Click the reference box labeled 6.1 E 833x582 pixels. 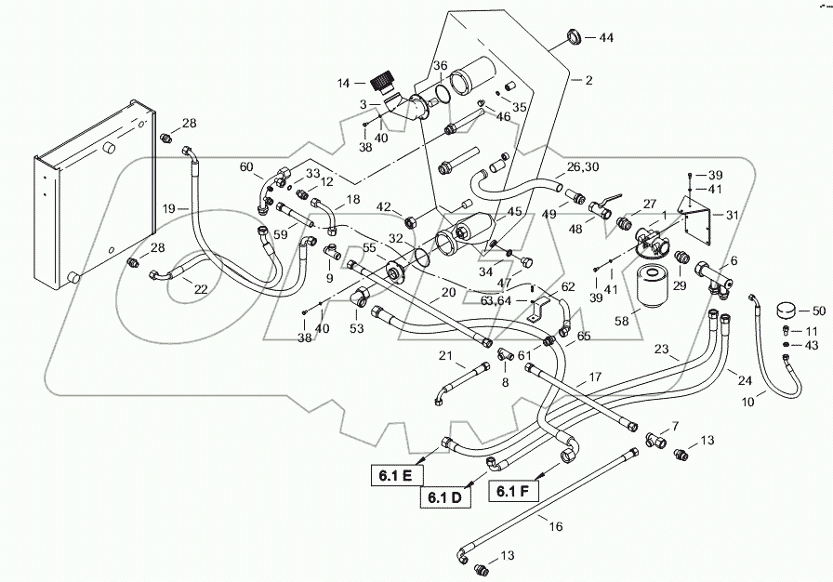(x=396, y=476)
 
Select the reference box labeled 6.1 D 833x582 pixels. (x=444, y=497)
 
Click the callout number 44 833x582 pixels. (x=606, y=38)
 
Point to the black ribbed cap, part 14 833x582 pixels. (x=382, y=84)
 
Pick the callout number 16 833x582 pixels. (x=556, y=526)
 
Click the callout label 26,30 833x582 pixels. (x=583, y=166)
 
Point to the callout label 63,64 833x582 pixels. (x=496, y=301)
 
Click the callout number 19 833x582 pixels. (x=169, y=208)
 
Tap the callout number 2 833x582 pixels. (x=588, y=80)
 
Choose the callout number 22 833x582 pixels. (x=201, y=289)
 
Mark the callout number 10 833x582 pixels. (x=747, y=402)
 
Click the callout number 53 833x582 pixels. (x=356, y=328)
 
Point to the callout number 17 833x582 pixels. (x=595, y=377)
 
